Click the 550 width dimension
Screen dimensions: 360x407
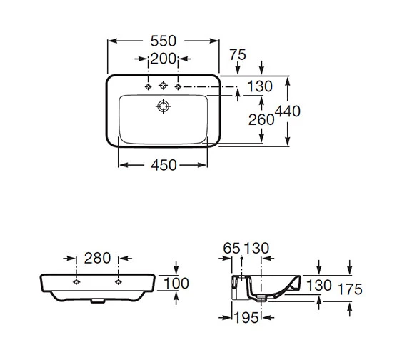[164, 41]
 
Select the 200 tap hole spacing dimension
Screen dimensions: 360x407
[164, 59]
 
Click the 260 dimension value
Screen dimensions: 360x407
[261, 120]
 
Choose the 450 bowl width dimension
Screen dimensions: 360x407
[164, 164]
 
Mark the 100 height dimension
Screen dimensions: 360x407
[177, 284]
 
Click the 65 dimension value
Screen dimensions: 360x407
[232, 249]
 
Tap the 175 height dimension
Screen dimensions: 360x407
[351, 289]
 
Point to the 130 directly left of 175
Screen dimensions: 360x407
[318, 285]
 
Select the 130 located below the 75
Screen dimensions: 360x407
[260, 86]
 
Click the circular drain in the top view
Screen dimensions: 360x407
[164, 106]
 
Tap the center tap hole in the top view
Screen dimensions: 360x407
[164, 86]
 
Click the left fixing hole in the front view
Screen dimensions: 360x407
[75, 282]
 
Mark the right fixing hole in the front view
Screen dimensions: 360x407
[114, 282]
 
